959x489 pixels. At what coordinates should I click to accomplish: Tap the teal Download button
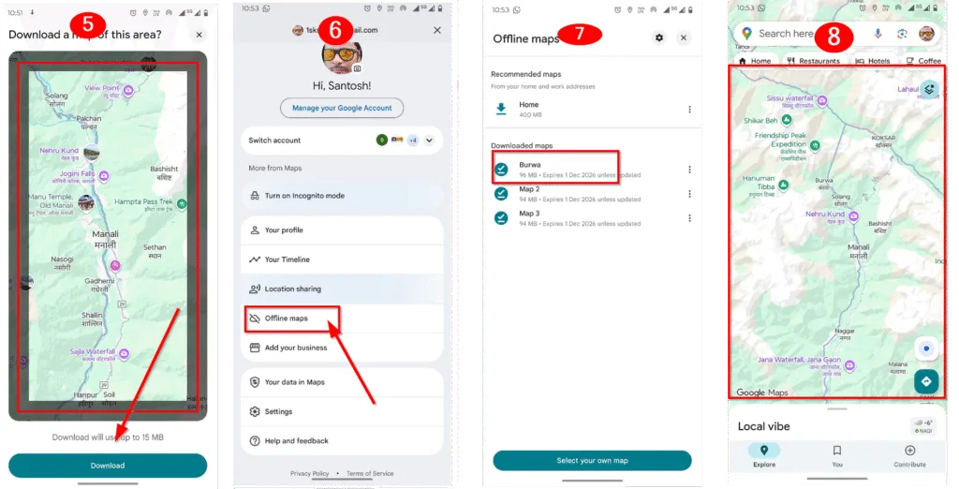(107, 466)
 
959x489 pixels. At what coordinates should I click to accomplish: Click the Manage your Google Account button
(342, 108)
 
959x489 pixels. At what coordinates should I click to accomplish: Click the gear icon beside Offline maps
(659, 37)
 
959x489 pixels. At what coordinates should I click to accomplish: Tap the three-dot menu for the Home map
(689, 110)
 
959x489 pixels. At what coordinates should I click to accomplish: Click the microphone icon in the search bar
(878, 34)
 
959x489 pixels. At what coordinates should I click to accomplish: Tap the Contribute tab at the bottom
(909, 455)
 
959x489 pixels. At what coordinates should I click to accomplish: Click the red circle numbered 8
(834, 37)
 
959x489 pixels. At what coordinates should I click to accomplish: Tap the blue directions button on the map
(926, 381)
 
